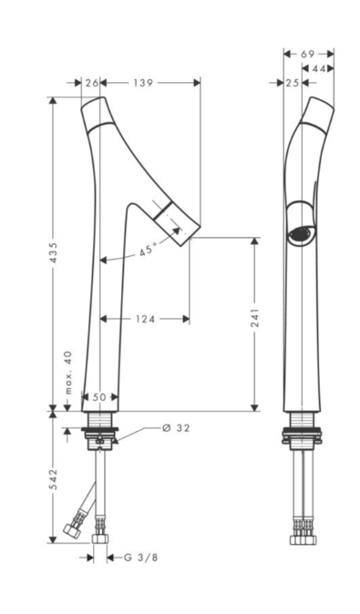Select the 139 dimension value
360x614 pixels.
143,83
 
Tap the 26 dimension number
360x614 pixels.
92,83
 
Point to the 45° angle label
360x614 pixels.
148,250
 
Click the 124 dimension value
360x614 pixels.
145,319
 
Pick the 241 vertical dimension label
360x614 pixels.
254,318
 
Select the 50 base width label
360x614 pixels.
99,397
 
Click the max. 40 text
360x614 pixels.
68,372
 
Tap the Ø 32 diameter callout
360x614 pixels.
176,428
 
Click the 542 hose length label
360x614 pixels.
53,478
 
